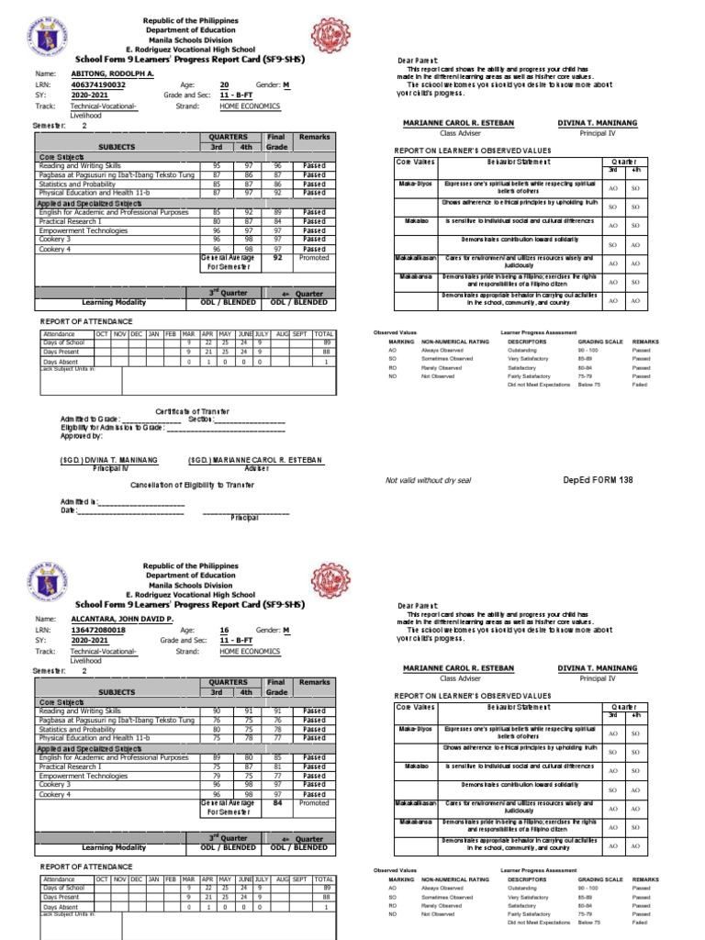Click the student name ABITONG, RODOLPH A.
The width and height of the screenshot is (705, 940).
tap(111, 73)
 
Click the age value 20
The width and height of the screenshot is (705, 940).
tap(224, 84)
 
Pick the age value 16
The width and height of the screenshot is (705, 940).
tap(224, 631)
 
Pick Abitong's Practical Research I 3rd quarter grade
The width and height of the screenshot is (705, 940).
tap(218, 221)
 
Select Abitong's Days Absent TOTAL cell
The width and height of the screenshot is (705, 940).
tap(323, 362)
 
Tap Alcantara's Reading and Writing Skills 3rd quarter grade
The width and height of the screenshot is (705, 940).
tap(218, 711)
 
